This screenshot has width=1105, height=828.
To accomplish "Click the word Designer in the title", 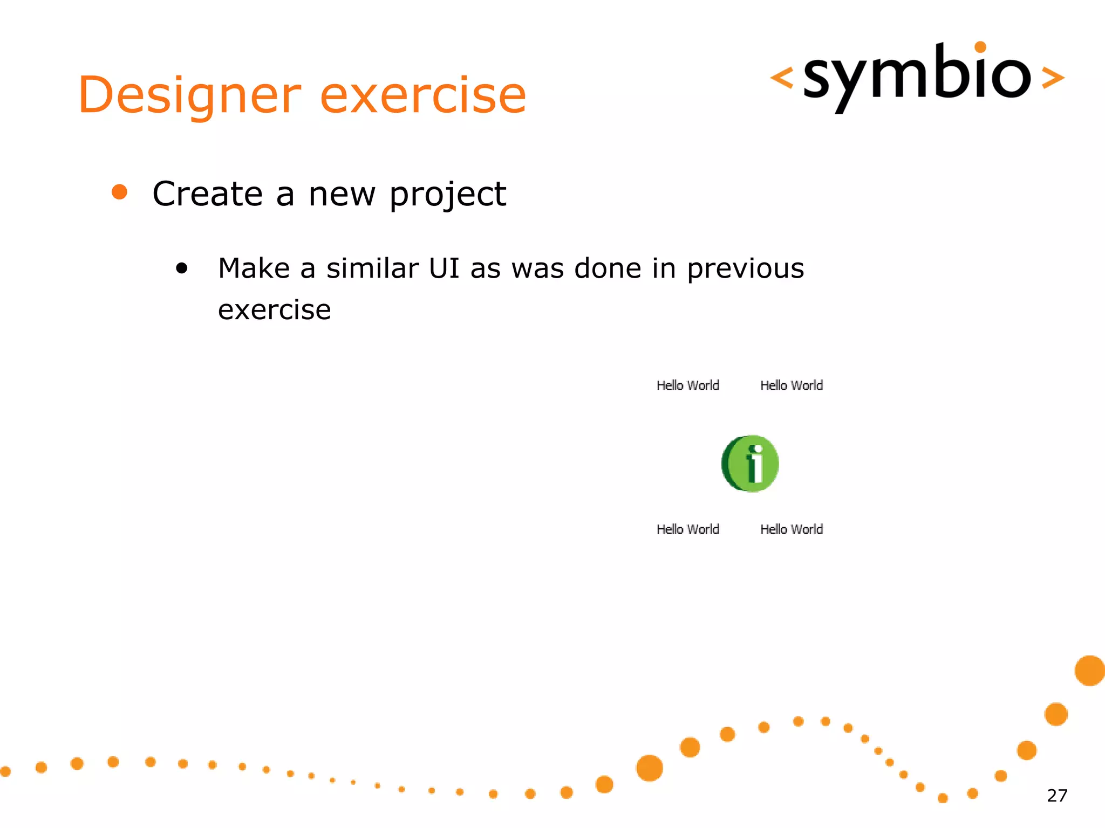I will pyautogui.click(x=189, y=96).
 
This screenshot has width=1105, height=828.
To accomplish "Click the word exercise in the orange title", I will pyautogui.click(x=423, y=96).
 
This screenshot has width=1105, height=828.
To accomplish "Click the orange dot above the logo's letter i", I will pyautogui.click(x=980, y=47).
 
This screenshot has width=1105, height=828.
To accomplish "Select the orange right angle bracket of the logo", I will pyautogui.click(x=1053, y=78).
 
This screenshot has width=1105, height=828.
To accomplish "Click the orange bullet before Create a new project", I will pyautogui.click(x=119, y=192).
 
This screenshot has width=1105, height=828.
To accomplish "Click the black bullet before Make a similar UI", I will pyautogui.click(x=182, y=268).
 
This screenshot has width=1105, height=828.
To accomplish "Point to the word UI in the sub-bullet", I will pyautogui.click(x=444, y=268).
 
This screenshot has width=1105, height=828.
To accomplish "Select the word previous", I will pyautogui.click(x=745, y=268).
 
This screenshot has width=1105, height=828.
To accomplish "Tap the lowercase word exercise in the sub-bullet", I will pyautogui.click(x=274, y=310).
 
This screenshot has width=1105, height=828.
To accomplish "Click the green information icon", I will pyautogui.click(x=750, y=464).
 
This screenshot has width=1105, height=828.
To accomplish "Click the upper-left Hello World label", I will pyautogui.click(x=687, y=385).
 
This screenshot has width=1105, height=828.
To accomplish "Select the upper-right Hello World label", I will pyautogui.click(x=792, y=385).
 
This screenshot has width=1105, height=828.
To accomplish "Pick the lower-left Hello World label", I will pyautogui.click(x=687, y=529).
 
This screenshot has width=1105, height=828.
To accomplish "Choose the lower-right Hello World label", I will pyautogui.click(x=792, y=529).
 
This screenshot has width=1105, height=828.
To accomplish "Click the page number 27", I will pyautogui.click(x=1056, y=796).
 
